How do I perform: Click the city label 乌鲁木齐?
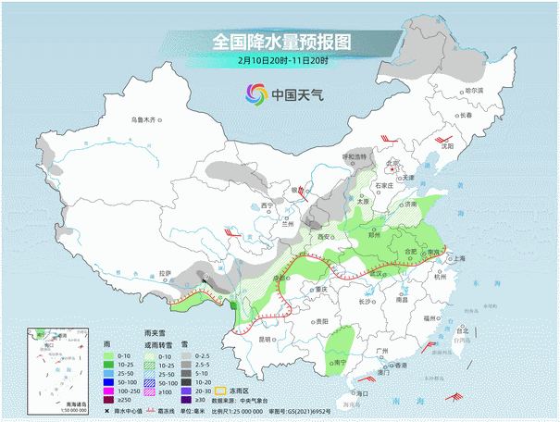click(145, 119)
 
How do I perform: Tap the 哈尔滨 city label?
click(474, 91)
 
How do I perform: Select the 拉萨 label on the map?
click(165, 273)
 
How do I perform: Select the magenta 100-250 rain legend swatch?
click(109, 391)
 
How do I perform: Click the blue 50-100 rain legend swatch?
click(109, 380)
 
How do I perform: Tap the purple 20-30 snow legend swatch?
click(185, 391)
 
